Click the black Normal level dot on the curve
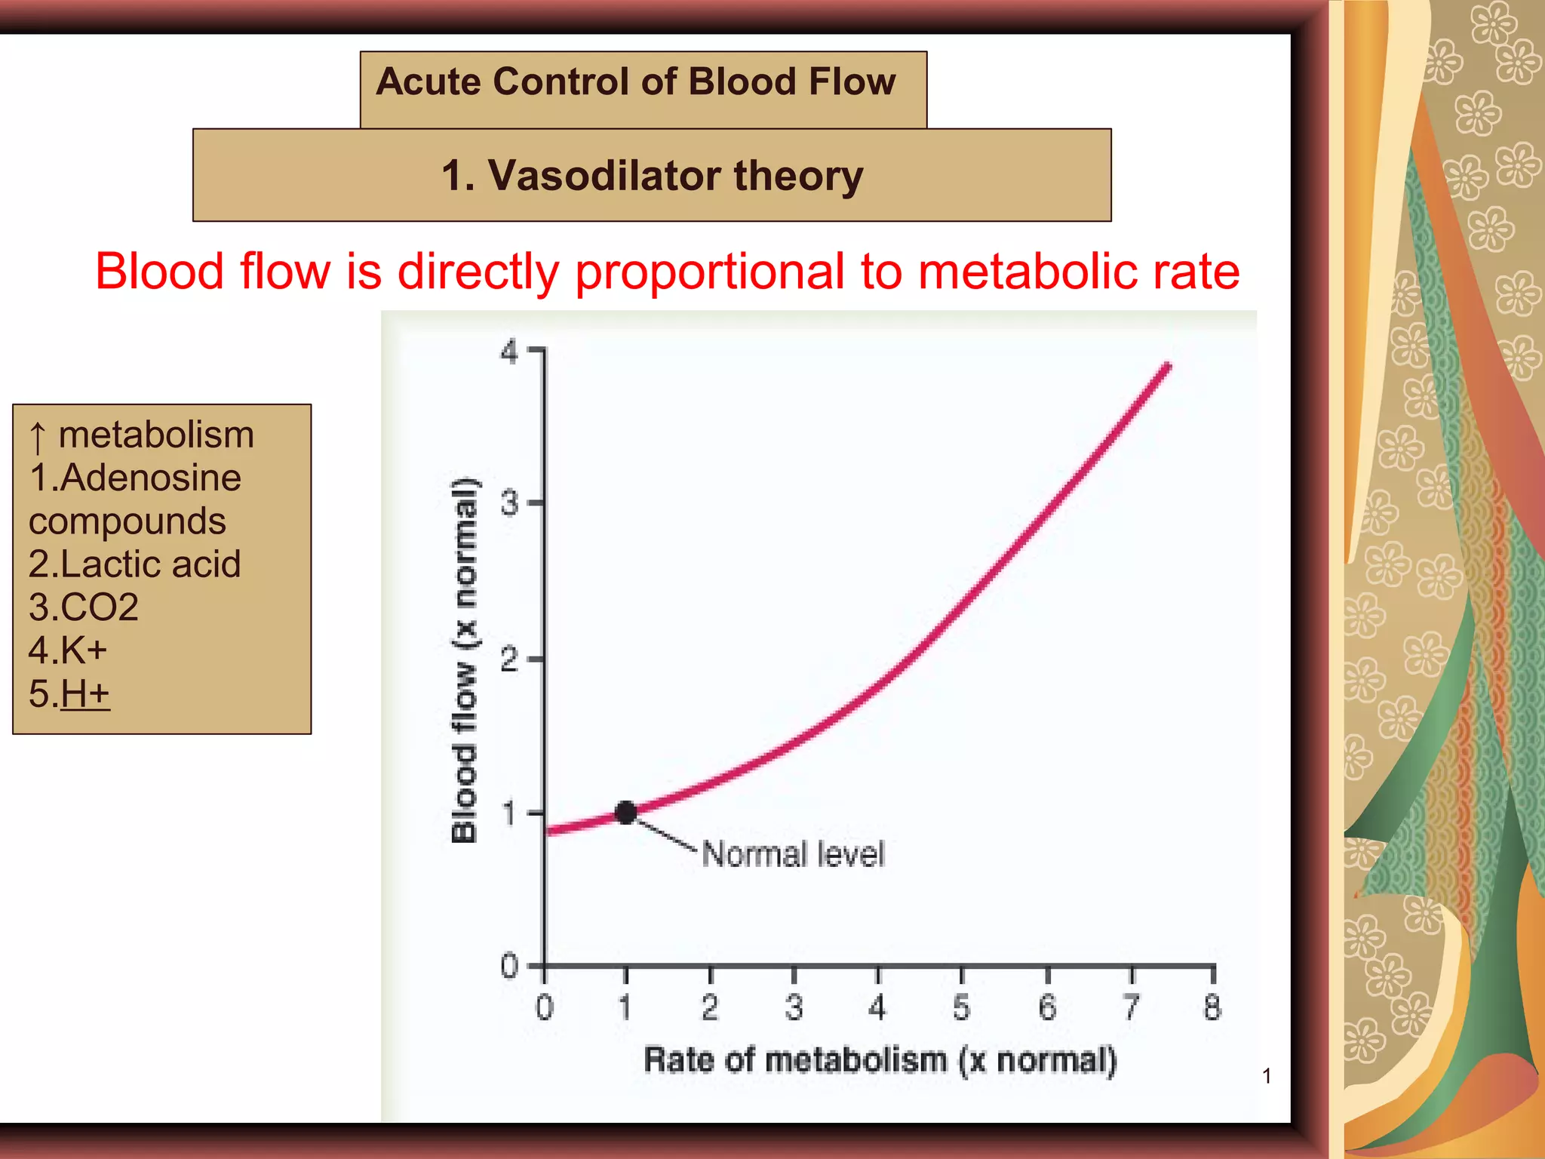click(x=625, y=813)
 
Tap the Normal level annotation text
click(x=793, y=854)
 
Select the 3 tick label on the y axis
click(x=510, y=503)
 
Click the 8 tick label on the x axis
click(x=1212, y=1008)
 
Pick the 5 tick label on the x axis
click(x=961, y=1008)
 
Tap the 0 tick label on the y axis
click(x=510, y=966)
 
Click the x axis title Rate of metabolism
click(x=879, y=1060)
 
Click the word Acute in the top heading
click(x=428, y=81)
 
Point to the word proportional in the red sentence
click(x=709, y=272)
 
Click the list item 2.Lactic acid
click(x=134, y=564)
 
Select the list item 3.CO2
click(x=84, y=607)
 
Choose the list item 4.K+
click(x=68, y=650)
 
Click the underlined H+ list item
click(x=84, y=693)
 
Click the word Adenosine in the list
click(x=150, y=478)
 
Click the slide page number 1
click(x=1267, y=1076)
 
